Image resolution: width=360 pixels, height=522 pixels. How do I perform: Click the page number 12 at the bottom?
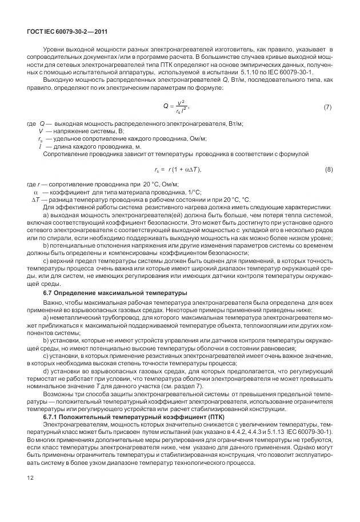[x=30, y=493]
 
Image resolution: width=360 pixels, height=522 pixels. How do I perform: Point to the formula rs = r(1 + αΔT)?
[x=178, y=170]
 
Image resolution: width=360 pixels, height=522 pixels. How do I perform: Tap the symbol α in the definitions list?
[x=37, y=192]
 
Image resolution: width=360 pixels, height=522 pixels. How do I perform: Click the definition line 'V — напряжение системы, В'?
[x=77, y=132]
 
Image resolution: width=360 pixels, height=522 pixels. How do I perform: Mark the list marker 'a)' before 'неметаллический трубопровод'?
[x=47, y=316]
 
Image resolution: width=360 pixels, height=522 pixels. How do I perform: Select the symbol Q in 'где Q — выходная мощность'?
[x=42, y=124]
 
